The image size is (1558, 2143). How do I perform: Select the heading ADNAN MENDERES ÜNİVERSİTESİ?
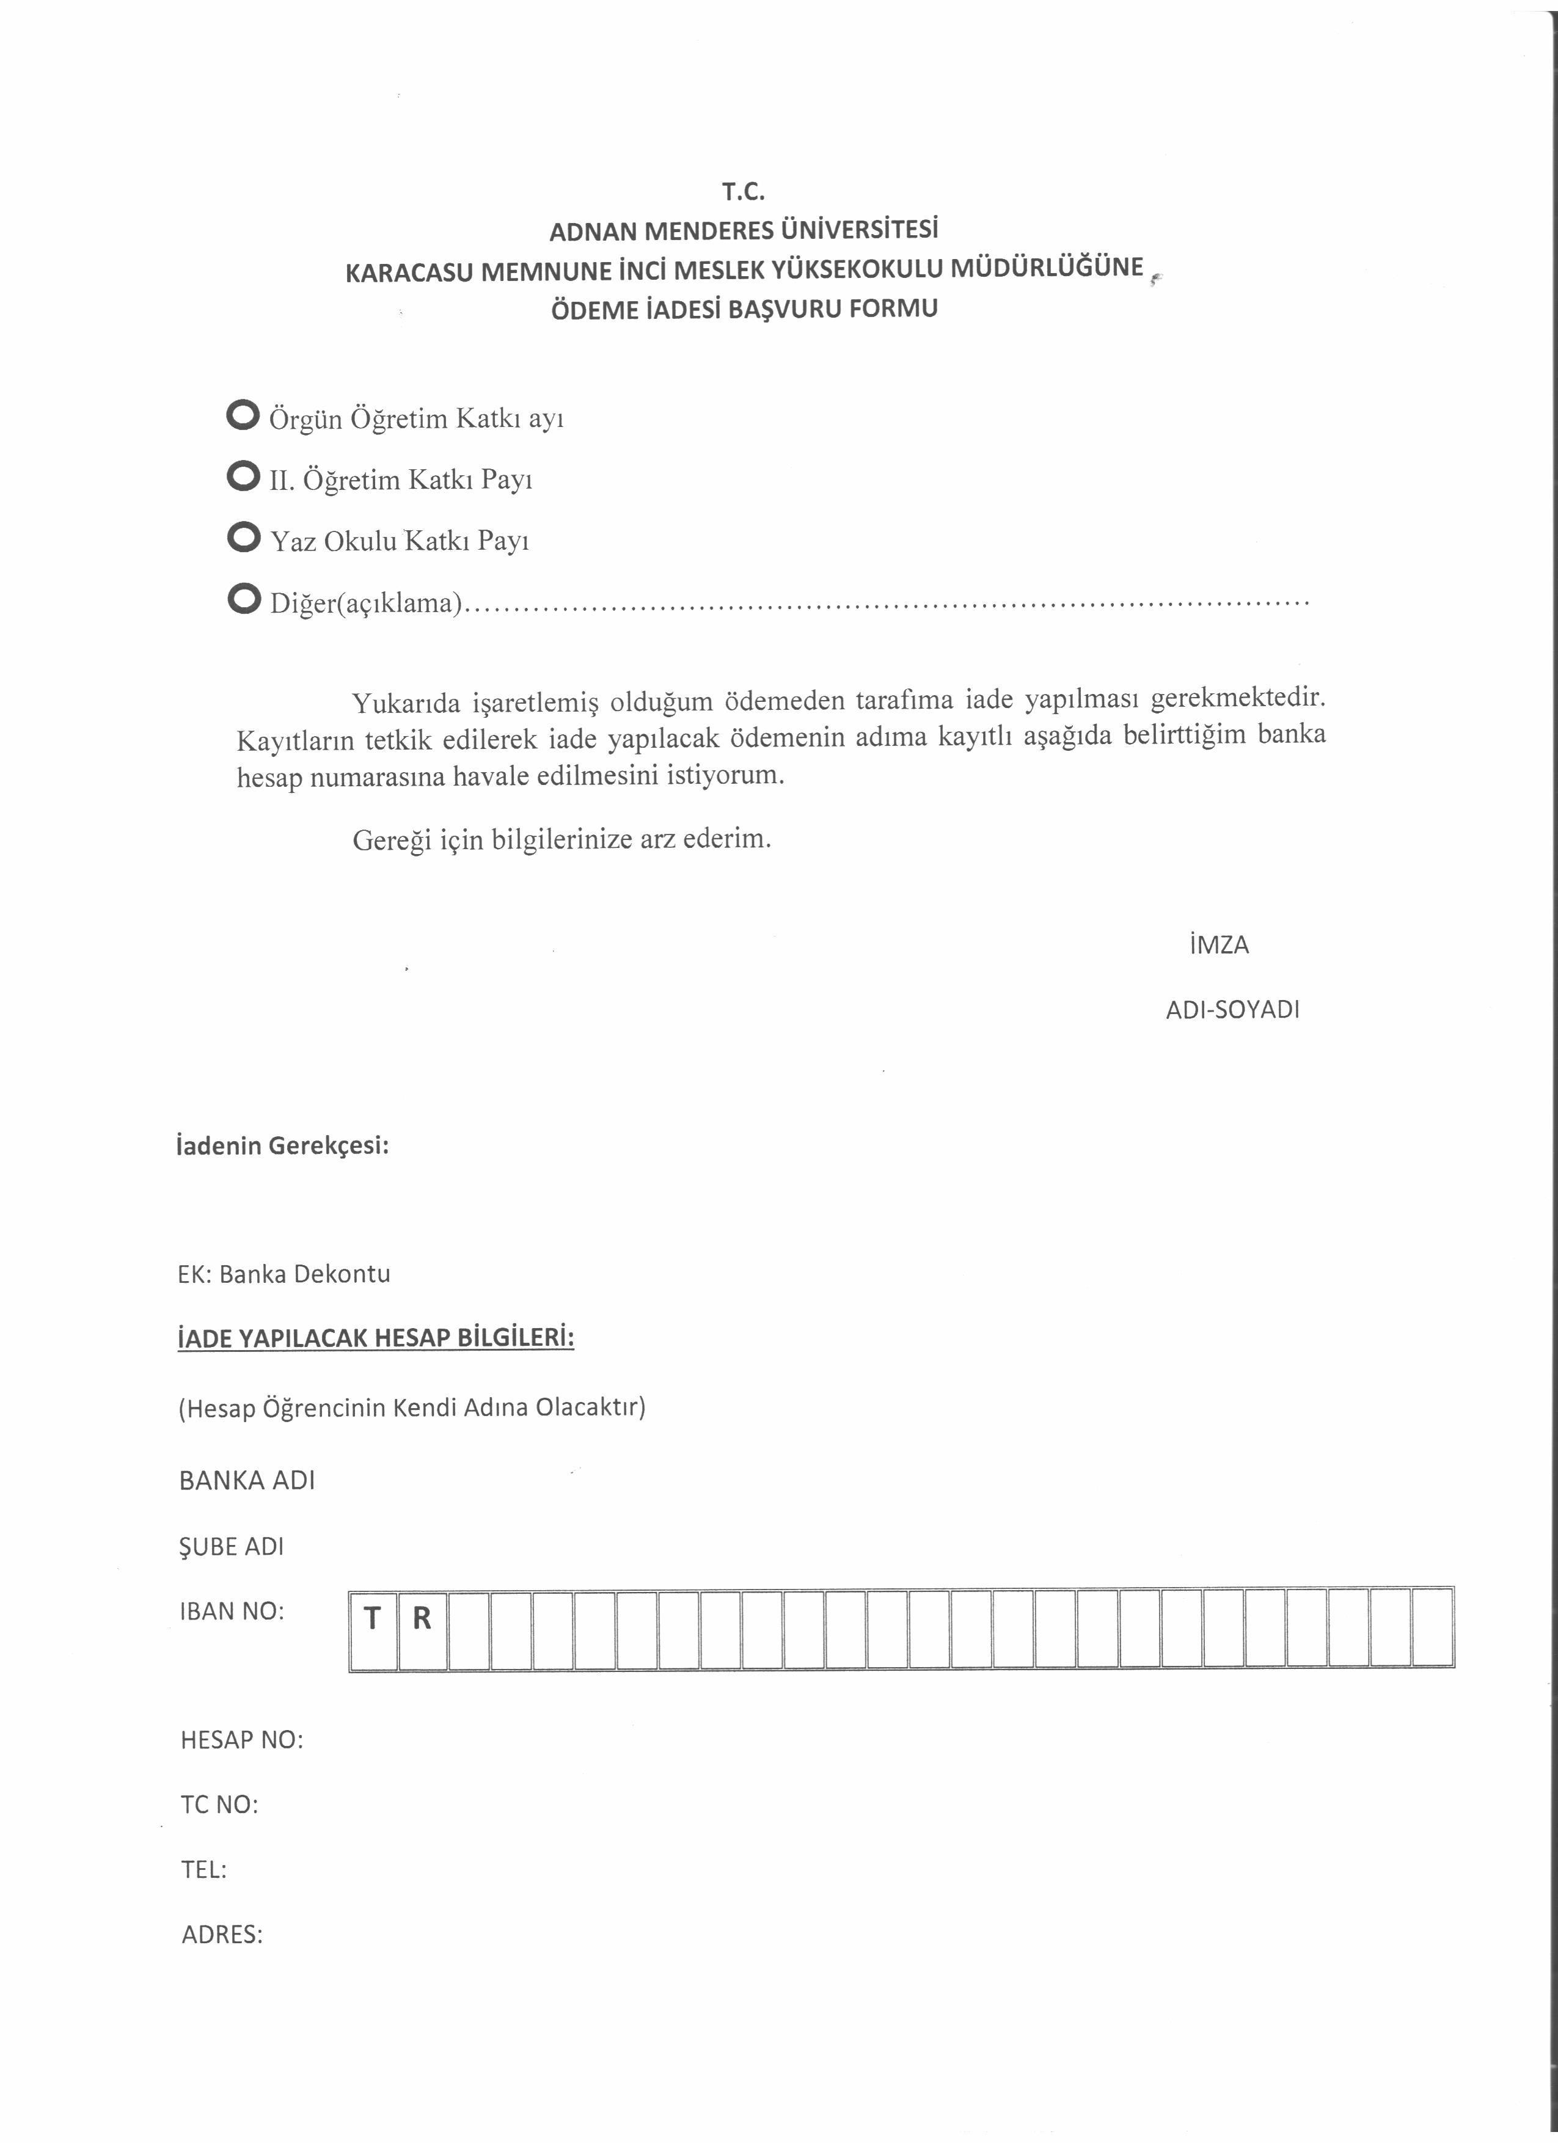point(744,230)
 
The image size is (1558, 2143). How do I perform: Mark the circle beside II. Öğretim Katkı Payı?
point(244,476)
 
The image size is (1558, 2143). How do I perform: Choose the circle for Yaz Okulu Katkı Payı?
point(244,537)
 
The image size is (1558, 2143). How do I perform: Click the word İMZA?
point(1219,945)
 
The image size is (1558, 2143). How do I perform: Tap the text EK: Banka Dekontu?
point(283,1274)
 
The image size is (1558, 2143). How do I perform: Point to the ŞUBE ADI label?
point(232,1547)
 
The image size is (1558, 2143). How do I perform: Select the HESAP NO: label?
point(242,1740)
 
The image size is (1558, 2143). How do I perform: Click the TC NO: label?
point(219,1805)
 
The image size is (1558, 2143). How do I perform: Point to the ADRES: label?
point(222,1934)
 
